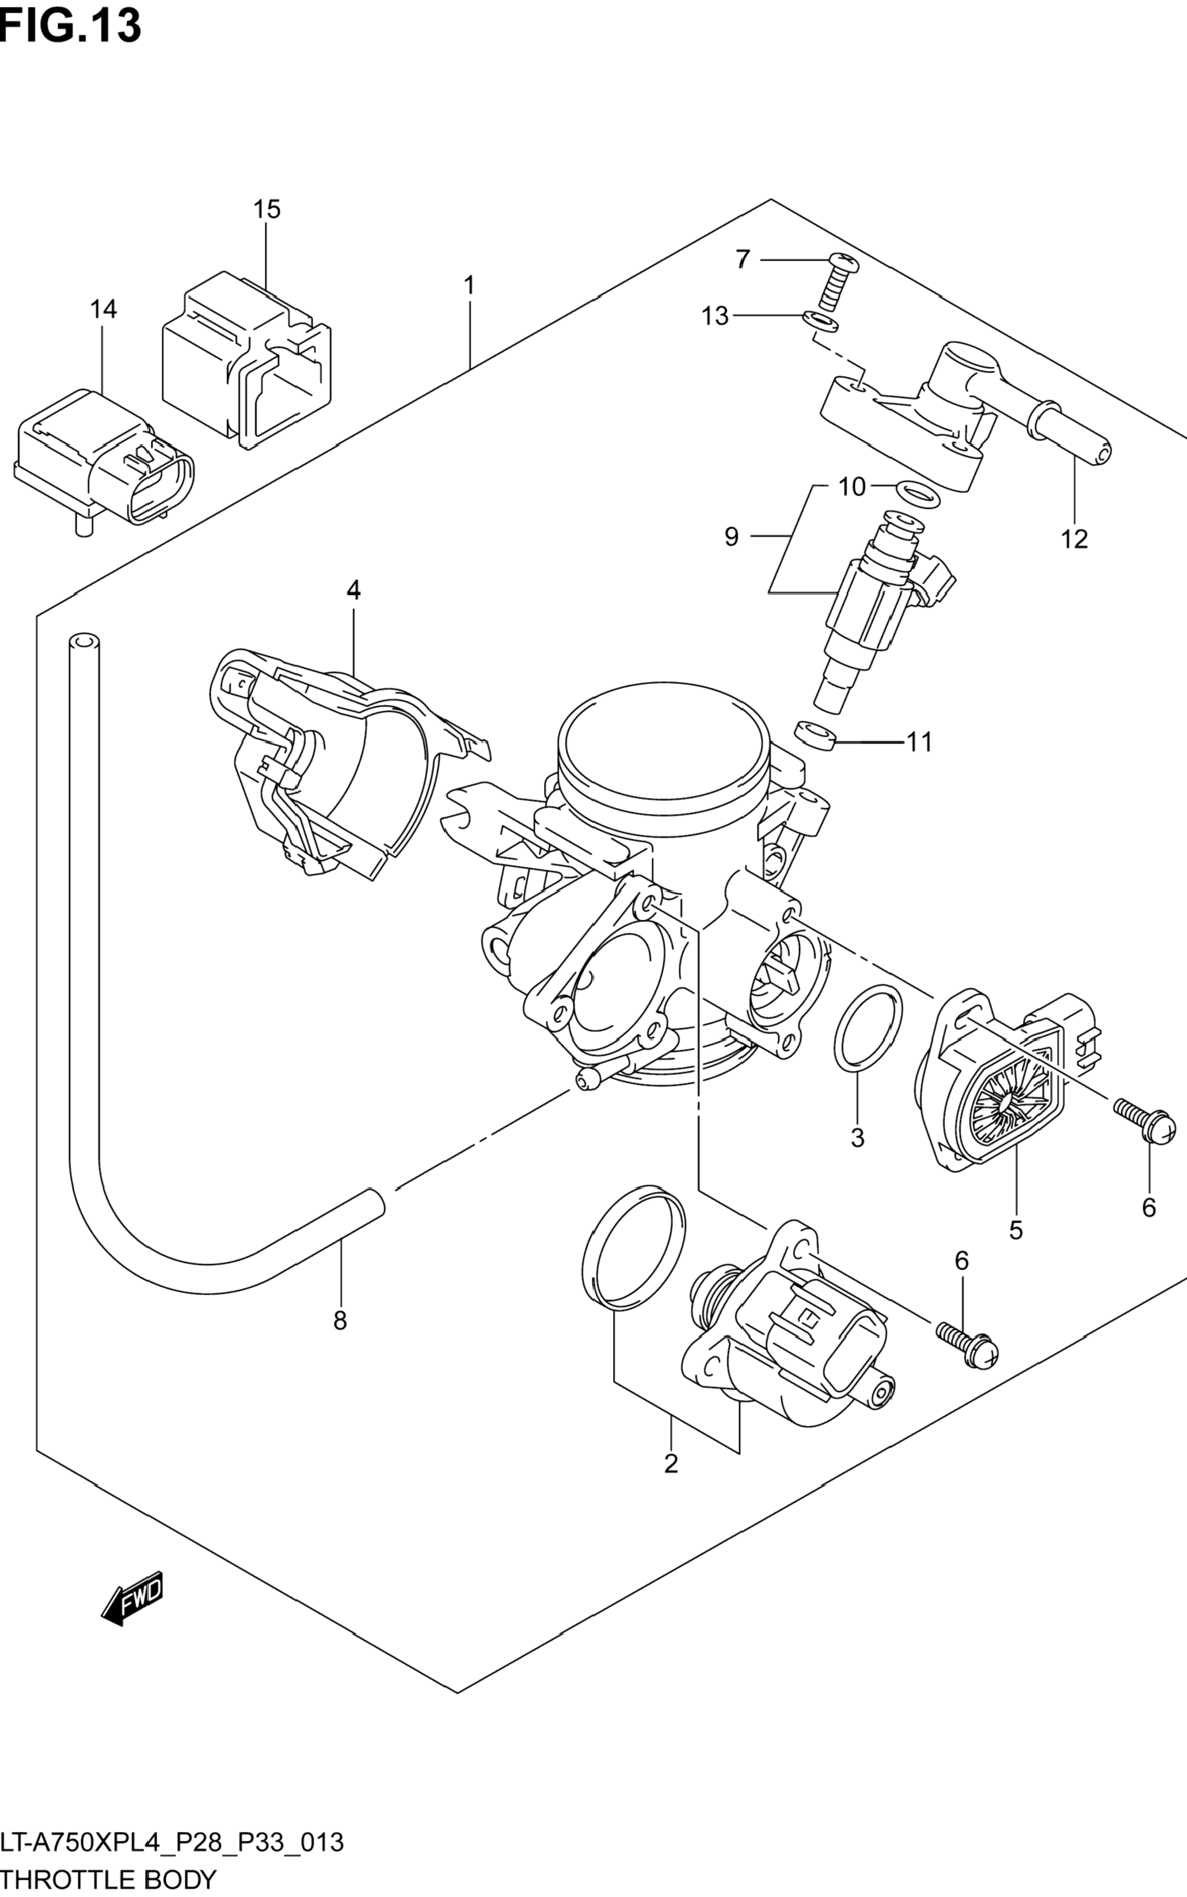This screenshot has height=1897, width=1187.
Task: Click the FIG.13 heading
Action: [x=71, y=26]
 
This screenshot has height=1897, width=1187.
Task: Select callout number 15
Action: [x=266, y=210]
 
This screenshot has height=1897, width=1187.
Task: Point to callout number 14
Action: [x=103, y=309]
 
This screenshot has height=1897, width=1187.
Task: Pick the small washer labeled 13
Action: [x=821, y=322]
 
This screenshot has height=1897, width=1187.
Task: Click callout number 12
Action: [x=1074, y=540]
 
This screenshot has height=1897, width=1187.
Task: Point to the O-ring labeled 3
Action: [x=868, y=1029]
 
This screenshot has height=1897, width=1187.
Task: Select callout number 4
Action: [x=353, y=590]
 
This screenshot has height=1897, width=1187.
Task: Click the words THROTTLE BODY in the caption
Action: [x=108, y=1879]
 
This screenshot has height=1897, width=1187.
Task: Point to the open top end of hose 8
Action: [x=84, y=642]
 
